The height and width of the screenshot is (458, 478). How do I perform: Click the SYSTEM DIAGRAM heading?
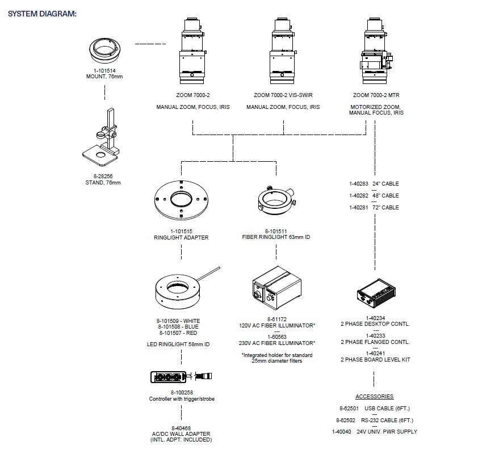(42, 14)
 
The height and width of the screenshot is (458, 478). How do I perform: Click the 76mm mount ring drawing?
(105, 57)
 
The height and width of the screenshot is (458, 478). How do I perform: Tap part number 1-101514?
(104, 71)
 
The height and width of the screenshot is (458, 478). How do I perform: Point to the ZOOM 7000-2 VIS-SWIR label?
(283, 95)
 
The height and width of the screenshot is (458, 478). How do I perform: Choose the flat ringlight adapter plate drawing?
(181, 200)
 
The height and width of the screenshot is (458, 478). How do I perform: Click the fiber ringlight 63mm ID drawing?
(276, 200)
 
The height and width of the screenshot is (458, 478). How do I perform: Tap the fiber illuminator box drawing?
(277, 288)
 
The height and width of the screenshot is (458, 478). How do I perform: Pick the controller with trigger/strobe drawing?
(181, 377)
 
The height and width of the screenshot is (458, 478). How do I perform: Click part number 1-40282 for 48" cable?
(359, 196)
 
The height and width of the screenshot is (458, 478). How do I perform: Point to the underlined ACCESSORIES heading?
(374, 397)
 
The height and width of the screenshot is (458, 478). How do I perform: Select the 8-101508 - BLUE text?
(178, 327)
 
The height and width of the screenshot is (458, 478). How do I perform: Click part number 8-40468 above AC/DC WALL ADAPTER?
(181, 428)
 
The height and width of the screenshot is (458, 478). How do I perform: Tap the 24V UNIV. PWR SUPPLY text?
(387, 432)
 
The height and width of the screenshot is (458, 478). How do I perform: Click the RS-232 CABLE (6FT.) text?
(387, 421)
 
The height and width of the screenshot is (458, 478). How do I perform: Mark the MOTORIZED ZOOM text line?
(376, 107)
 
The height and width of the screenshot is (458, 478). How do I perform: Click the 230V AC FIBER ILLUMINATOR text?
(277, 343)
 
